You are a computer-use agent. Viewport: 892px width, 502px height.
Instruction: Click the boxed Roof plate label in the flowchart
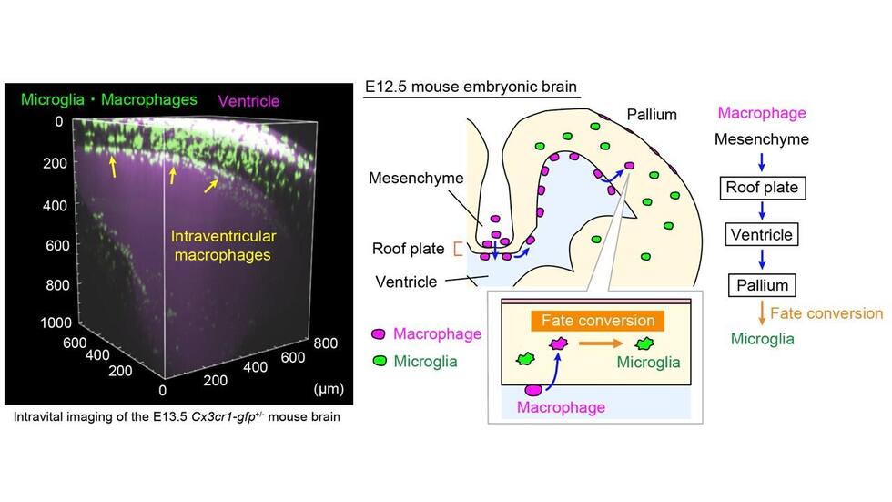763,188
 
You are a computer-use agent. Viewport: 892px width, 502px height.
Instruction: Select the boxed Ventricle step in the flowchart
762,234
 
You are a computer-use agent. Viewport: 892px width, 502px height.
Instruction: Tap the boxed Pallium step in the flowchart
763,285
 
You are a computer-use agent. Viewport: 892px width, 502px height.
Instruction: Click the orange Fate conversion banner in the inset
598,321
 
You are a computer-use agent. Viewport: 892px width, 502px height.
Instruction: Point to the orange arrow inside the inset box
601,343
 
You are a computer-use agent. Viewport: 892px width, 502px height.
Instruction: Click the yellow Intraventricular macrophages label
223,245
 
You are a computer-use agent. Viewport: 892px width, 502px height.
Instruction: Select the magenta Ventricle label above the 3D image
248,101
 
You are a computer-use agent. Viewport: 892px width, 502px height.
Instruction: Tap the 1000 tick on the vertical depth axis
56,323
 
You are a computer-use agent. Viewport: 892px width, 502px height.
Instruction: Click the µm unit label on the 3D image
329,389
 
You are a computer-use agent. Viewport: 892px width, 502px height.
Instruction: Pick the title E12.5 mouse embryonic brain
471,87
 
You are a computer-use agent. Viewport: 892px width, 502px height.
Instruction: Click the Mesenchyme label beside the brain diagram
416,179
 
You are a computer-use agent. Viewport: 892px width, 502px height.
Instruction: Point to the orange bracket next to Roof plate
457,249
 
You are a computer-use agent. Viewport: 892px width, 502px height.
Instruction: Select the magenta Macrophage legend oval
379,334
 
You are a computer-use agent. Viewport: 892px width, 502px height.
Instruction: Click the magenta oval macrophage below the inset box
533,390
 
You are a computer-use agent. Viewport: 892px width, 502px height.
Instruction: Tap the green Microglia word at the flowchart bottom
763,339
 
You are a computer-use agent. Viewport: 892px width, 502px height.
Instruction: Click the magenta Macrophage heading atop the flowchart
762,113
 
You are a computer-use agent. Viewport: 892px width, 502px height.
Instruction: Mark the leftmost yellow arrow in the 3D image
112,167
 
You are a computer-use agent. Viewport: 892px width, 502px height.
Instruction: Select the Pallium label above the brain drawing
652,115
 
